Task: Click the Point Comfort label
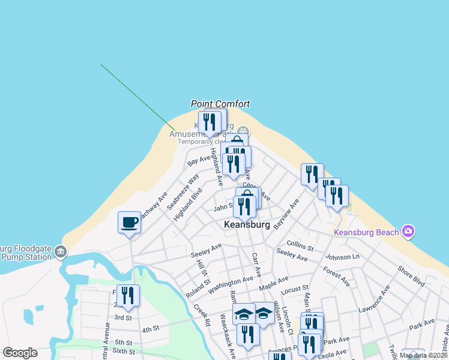tap(220, 104)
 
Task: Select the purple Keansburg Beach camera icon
tap(408, 231)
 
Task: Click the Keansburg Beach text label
tap(367, 232)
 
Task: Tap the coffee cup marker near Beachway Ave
tap(129, 223)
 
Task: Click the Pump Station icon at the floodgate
tap(60, 252)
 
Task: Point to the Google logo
tap(20, 353)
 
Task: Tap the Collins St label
tap(300, 245)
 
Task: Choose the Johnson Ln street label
tap(342, 257)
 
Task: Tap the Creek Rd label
tap(202, 314)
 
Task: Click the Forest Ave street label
tap(336, 277)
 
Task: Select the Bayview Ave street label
tap(286, 214)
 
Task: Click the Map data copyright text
tap(423, 355)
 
